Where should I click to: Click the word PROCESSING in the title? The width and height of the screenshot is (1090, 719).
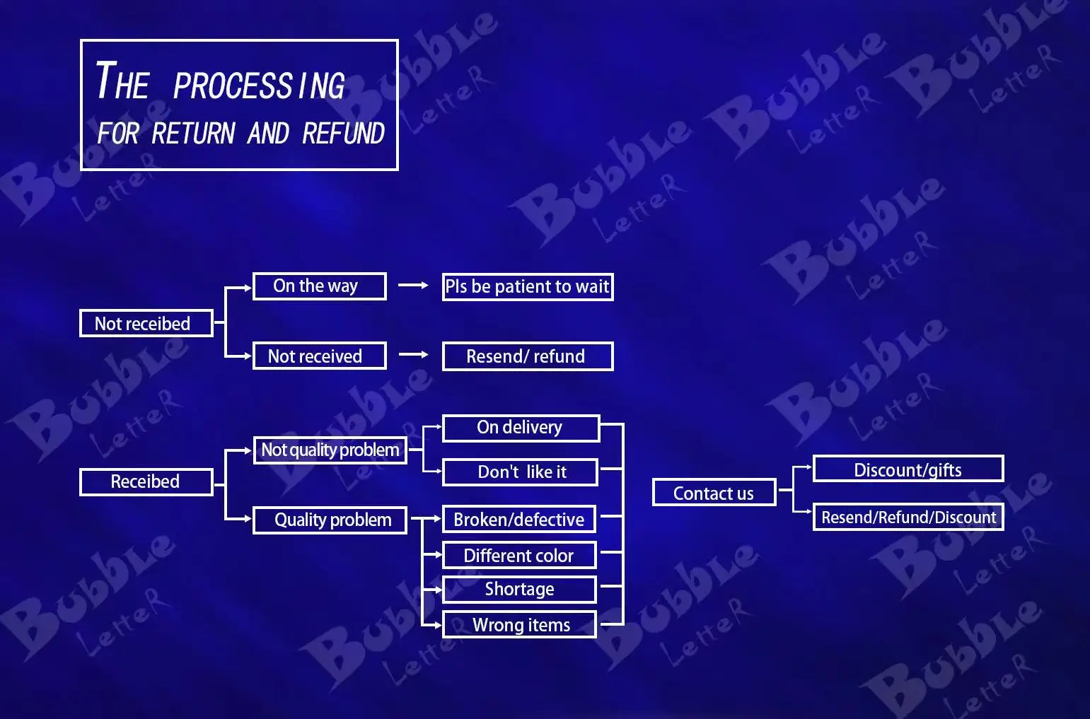259,86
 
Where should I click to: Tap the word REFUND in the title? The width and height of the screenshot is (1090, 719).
343,133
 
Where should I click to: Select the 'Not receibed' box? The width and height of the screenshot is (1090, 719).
146,323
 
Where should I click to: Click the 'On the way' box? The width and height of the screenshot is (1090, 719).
319,286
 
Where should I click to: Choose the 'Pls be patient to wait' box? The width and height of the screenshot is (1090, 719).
527,286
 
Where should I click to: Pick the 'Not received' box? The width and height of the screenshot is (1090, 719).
319,356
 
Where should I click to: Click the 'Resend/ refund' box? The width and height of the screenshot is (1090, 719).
527,356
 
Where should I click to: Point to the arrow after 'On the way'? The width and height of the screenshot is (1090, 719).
413,286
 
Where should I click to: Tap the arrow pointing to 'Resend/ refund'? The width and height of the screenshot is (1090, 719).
413,355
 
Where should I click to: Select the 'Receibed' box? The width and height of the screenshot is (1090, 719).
146,481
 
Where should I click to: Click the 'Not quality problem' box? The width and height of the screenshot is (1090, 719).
330,450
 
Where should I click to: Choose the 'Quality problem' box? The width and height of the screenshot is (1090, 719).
330,520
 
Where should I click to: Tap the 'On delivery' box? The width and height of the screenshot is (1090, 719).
520,428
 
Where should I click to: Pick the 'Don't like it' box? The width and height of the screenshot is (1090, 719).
520,472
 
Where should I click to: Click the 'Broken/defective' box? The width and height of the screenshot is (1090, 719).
518,520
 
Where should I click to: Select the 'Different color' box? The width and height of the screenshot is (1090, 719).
518,556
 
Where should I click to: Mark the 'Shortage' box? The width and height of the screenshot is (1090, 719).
518,589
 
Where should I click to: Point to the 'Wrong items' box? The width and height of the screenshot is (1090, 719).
518,625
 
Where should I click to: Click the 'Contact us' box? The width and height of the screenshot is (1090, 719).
714,493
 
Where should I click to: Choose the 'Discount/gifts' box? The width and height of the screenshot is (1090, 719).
908,469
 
